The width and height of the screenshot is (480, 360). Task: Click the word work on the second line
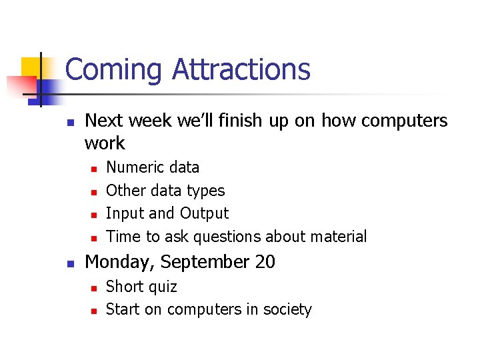click(105, 143)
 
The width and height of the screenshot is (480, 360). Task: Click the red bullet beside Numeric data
click(94, 168)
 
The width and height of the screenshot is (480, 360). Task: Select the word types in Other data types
click(207, 191)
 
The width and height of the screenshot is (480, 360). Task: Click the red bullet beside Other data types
click(94, 191)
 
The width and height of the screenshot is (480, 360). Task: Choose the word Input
click(125, 214)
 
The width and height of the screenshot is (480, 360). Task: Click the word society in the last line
click(287, 310)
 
